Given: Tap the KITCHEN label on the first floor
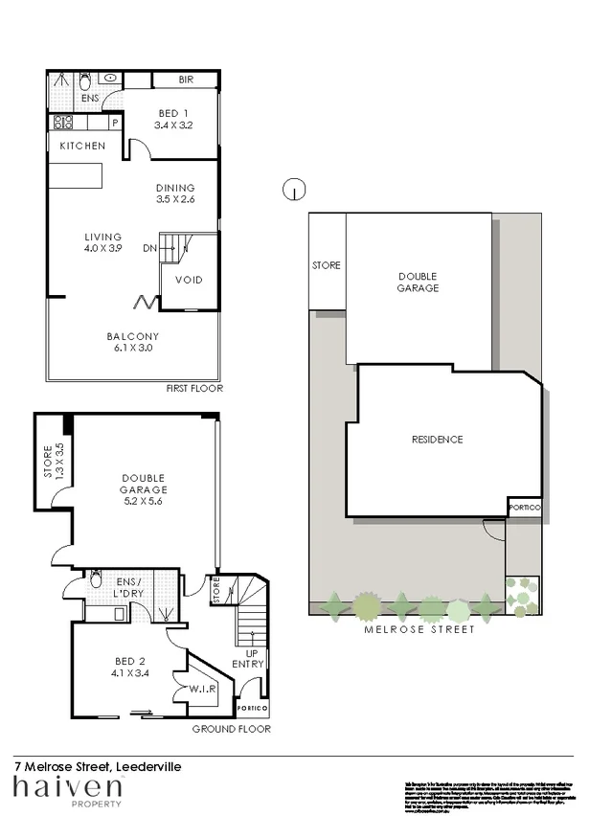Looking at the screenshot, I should click(x=82, y=146).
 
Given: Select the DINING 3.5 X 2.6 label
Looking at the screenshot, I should click(x=175, y=193).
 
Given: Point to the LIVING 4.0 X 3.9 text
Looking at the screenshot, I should click(x=102, y=242).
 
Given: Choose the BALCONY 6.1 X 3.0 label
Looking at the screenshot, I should click(x=132, y=342).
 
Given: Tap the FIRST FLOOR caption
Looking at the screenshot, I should click(x=195, y=389).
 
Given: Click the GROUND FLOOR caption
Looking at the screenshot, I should click(x=231, y=729).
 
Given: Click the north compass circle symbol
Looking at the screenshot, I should click(x=293, y=190).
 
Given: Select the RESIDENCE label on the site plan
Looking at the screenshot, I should click(x=436, y=441).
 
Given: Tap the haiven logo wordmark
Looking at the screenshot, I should click(x=67, y=788).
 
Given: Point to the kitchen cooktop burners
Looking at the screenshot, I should click(x=64, y=122).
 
